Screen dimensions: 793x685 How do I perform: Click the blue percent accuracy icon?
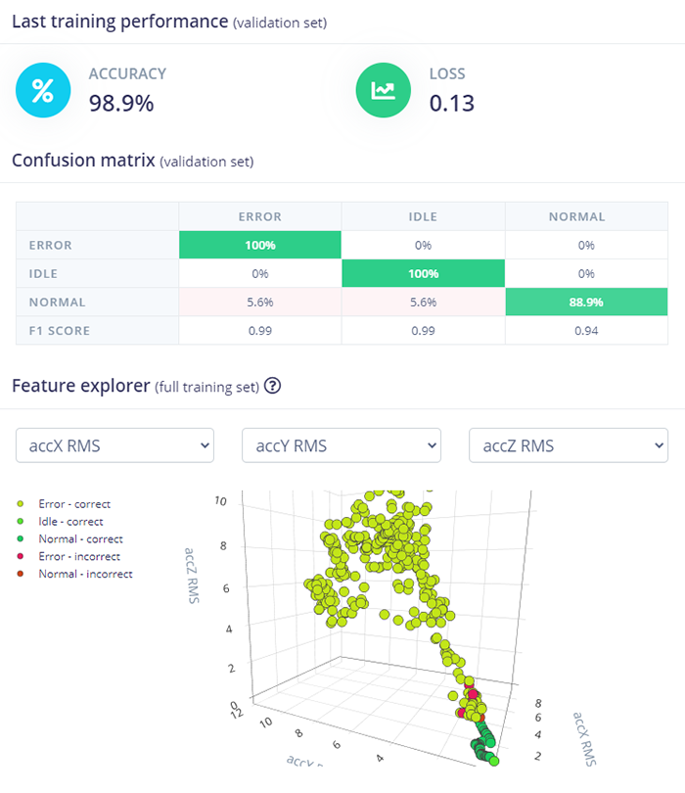click(x=43, y=90)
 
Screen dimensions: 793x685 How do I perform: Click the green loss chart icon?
click(x=383, y=90)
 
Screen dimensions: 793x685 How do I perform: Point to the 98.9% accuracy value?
click(x=121, y=103)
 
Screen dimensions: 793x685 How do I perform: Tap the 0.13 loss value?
click(x=451, y=103)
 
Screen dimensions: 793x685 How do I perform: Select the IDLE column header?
click(x=422, y=217)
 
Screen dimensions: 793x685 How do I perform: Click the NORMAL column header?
click(x=585, y=217)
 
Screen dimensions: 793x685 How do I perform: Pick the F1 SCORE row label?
click(x=60, y=331)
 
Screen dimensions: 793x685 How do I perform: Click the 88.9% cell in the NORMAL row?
click(x=585, y=303)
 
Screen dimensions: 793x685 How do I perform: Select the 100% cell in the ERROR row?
click(x=259, y=246)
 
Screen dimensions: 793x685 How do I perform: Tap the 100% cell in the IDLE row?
click(x=422, y=274)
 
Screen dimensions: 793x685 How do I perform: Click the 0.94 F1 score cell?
click(x=585, y=331)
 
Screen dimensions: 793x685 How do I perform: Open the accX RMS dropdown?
click(x=114, y=445)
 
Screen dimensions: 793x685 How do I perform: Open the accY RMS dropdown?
click(x=341, y=445)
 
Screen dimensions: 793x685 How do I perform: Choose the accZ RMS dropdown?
click(x=569, y=445)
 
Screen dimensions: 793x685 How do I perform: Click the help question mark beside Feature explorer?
click(x=273, y=386)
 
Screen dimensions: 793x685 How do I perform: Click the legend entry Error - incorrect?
click(x=78, y=556)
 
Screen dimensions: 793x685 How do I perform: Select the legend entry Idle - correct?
click(x=70, y=522)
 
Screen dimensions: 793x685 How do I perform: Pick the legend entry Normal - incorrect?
click(x=84, y=574)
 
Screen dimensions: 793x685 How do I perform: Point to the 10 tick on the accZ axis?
click(x=221, y=500)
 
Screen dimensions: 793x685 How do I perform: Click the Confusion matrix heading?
click(x=83, y=161)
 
